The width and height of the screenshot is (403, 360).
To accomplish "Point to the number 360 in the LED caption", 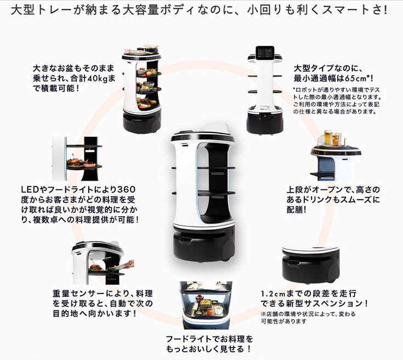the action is (x=126, y=189).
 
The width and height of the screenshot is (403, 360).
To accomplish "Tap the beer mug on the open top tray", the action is (x=326, y=138).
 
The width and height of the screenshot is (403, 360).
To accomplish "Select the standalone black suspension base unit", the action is (x=311, y=265).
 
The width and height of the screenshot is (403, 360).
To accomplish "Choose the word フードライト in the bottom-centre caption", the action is (x=189, y=339).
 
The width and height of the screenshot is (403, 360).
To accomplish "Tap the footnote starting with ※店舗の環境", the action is (x=308, y=317).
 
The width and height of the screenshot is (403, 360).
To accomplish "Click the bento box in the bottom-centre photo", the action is (x=205, y=304).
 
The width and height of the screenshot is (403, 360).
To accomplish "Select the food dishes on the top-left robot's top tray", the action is (x=141, y=49).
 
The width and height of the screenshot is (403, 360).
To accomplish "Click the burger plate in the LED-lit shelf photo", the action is (x=75, y=162).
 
